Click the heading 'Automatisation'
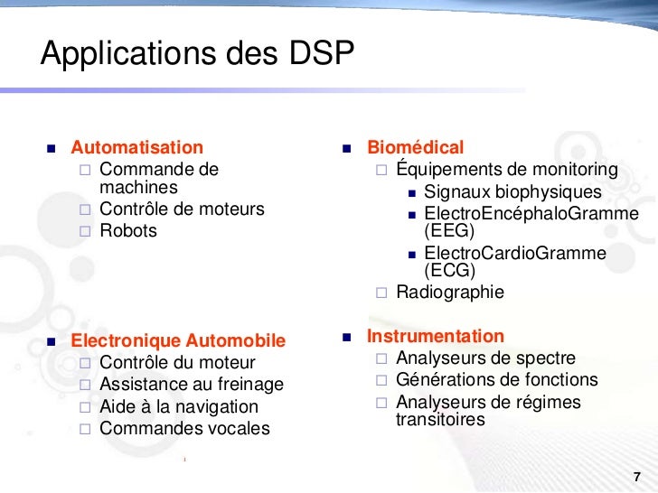point(137,147)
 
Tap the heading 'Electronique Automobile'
point(178,341)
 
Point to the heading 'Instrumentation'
point(436,337)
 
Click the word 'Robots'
point(128,230)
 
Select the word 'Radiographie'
point(450,293)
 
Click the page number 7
point(637,477)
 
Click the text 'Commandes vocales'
point(184,429)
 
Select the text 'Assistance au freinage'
point(192,386)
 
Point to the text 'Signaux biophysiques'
point(512,192)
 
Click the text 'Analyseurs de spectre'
point(485,358)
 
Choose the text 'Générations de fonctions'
point(497,380)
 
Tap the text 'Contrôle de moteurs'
point(182,209)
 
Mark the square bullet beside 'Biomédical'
point(347,148)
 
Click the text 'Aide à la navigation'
point(179,407)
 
